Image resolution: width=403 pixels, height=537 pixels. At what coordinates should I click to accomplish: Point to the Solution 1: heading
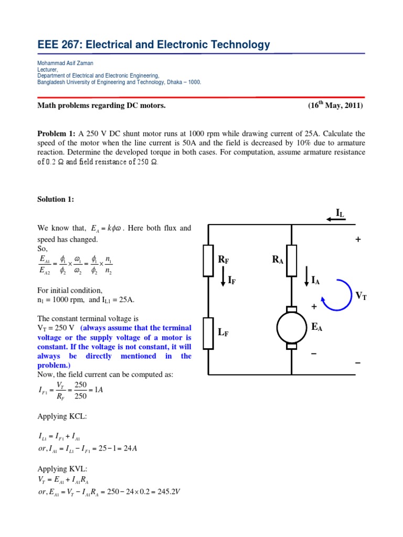[x=56, y=199]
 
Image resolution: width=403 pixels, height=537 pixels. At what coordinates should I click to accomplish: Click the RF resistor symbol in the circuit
[x=208, y=260]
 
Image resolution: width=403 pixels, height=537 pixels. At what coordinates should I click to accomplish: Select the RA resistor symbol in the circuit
[x=292, y=260]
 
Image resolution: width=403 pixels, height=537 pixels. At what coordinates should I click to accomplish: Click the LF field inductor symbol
[x=208, y=333]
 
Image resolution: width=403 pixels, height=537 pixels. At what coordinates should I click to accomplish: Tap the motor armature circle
[x=292, y=328]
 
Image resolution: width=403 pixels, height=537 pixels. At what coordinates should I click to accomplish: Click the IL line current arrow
[x=336, y=219]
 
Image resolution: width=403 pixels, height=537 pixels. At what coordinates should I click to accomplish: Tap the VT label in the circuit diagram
[x=361, y=296]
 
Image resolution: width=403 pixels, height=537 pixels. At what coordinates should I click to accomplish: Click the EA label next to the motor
[x=316, y=327]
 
